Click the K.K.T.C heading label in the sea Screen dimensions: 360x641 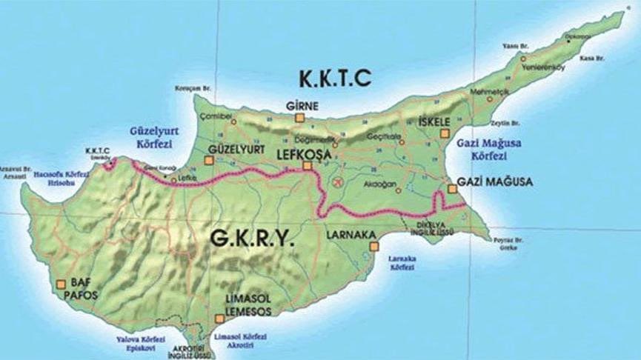[333, 76]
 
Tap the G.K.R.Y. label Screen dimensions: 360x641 [252, 239]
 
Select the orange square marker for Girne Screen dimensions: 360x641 [300, 118]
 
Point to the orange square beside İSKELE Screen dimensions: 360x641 [445, 134]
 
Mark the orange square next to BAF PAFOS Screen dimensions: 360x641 [61, 282]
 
